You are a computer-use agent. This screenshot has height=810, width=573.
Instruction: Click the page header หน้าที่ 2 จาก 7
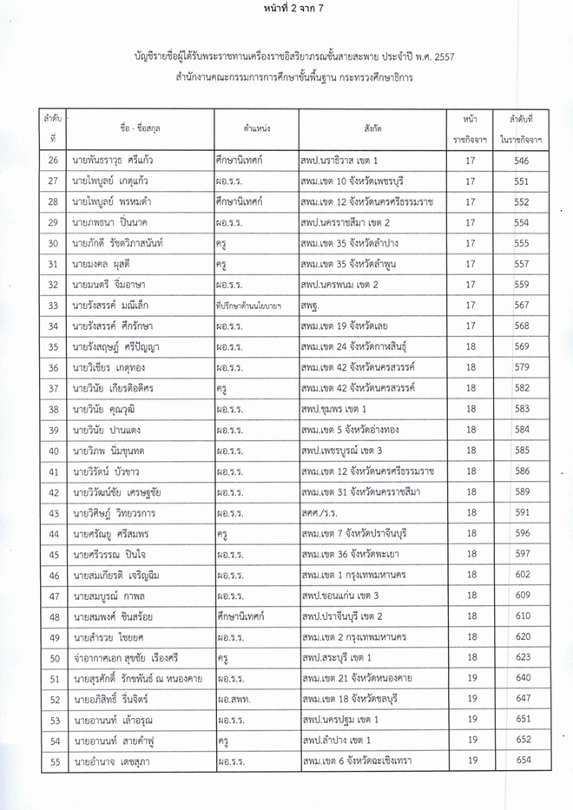286,10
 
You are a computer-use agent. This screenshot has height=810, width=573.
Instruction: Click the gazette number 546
521,161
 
